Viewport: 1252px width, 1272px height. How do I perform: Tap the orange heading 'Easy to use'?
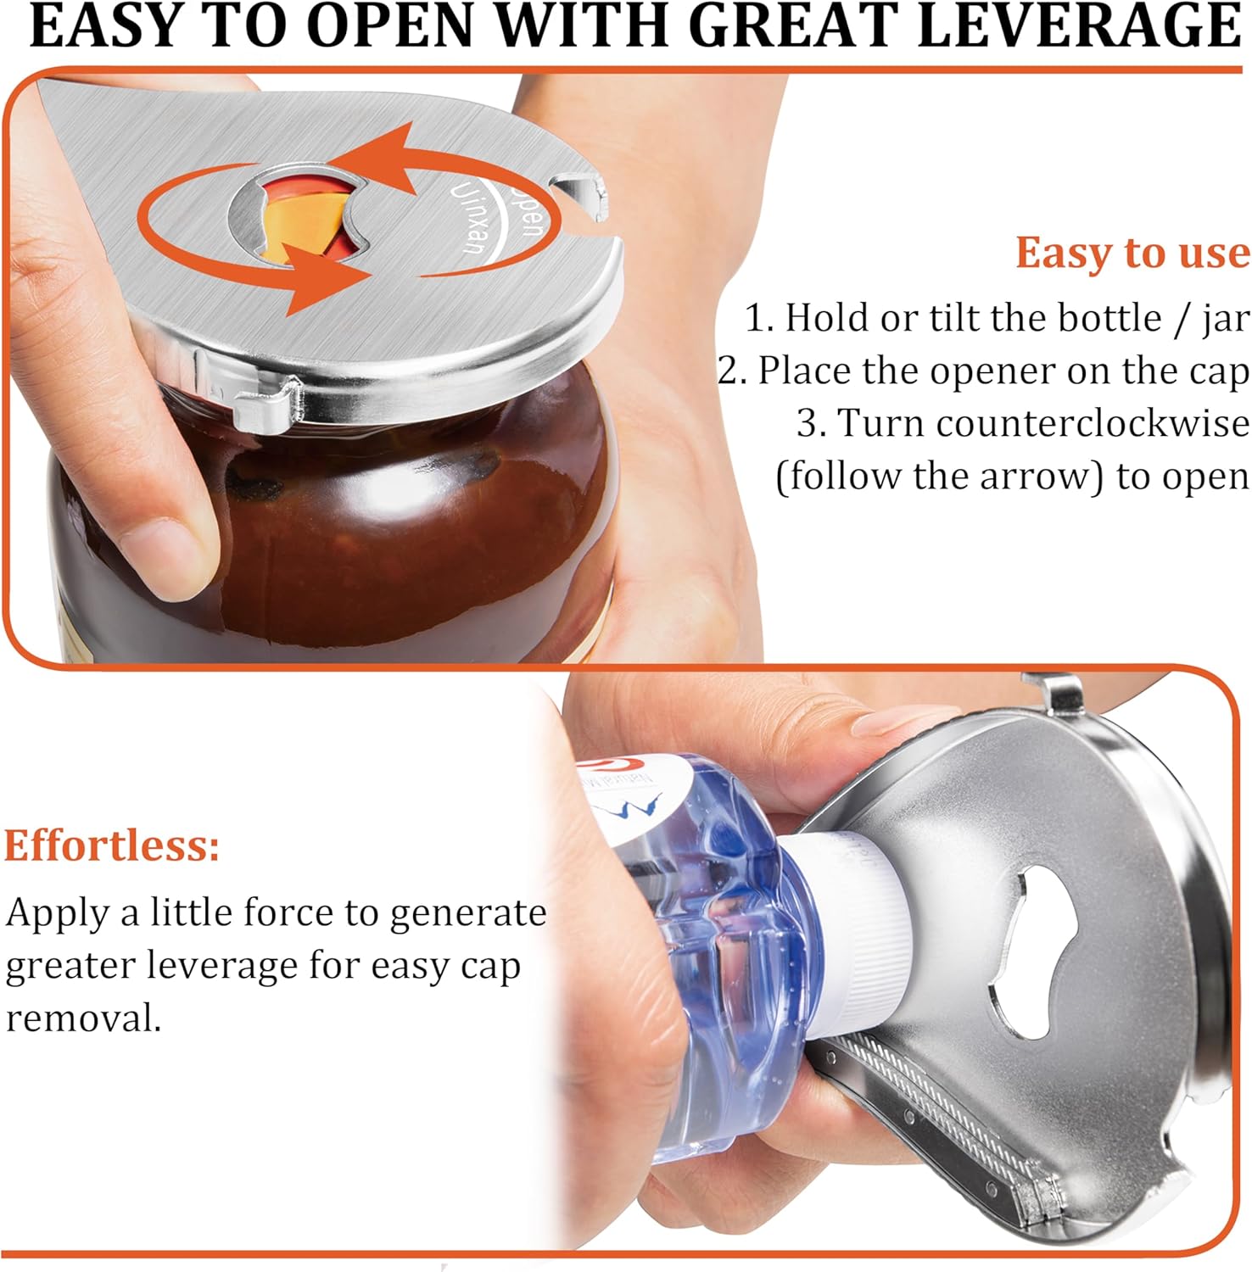[x=1132, y=253]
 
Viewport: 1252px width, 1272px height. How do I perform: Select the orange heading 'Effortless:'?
[x=112, y=845]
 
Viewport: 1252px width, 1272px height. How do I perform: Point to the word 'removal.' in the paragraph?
[x=83, y=1018]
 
